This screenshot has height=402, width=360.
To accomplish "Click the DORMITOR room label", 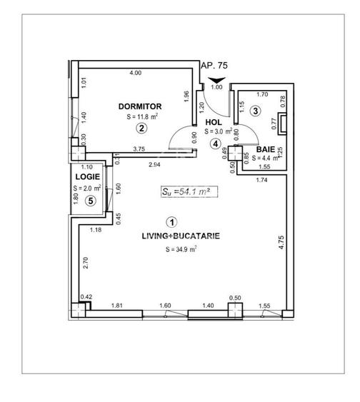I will pyautogui.click(x=141, y=106).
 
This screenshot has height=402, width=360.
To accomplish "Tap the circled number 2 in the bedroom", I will pyautogui.click(x=141, y=129).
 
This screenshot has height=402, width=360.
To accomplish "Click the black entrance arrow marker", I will pyautogui.click(x=217, y=79).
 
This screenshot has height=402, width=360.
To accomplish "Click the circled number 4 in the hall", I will pyautogui.click(x=215, y=143).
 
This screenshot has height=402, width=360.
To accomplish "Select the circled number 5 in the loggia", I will pyautogui.click(x=89, y=201).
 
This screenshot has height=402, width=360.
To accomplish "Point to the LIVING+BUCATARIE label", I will pyautogui.click(x=170, y=235).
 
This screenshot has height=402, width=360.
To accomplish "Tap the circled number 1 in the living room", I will pyautogui.click(x=170, y=222).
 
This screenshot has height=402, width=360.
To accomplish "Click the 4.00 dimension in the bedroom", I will pyautogui.click(x=135, y=74).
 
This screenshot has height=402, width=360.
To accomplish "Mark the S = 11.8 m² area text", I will pyautogui.click(x=141, y=117).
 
